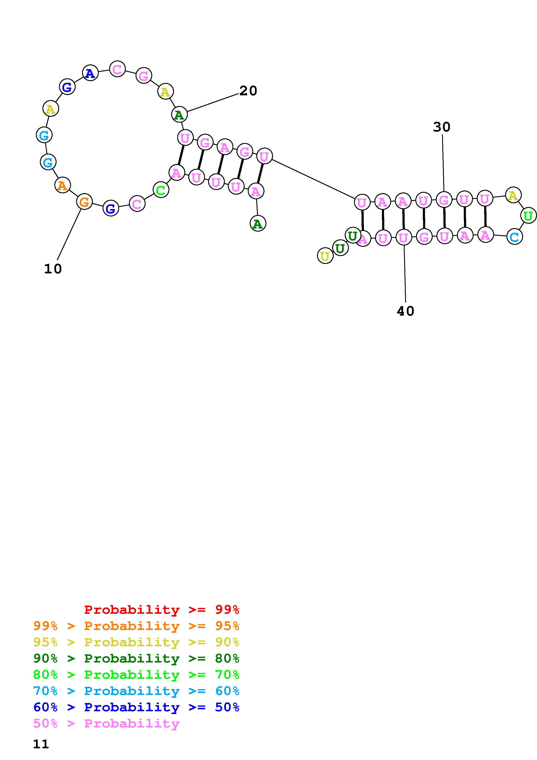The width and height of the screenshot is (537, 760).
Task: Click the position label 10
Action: point(53,269)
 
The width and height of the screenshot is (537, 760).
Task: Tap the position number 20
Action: point(248,91)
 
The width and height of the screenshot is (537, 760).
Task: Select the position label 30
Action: point(442,127)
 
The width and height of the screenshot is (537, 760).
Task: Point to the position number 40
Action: point(405,311)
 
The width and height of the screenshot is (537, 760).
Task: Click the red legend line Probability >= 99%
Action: point(162,609)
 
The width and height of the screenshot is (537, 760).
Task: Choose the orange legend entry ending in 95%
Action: point(136,626)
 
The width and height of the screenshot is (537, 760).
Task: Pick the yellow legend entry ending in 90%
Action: point(136,642)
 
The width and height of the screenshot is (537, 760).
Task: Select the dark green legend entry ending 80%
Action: point(136,658)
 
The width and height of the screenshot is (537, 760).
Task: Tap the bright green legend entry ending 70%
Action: point(136,675)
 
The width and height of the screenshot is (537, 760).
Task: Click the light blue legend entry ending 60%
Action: point(136,691)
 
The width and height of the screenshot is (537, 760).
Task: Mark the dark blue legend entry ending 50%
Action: point(136,707)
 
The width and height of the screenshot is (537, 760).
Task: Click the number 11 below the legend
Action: point(41,744)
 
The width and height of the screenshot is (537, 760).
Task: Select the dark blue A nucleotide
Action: point(90,73)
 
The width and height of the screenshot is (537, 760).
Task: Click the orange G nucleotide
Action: point(84,201)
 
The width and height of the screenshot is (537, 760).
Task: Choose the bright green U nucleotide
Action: point(528,216)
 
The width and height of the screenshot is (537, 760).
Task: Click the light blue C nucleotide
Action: point(514,237)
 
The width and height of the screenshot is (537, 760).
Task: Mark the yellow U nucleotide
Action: point(325,256)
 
